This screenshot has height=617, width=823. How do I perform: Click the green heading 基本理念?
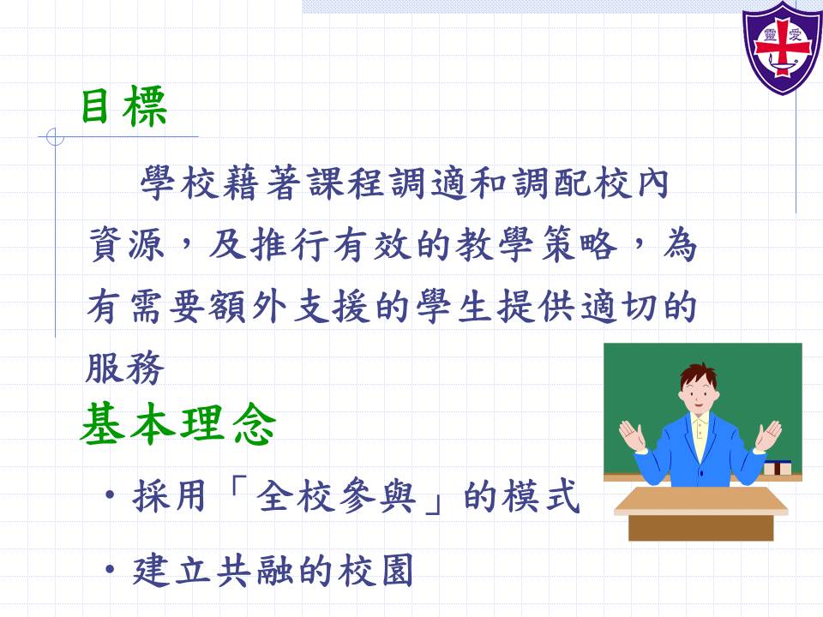click(178, 424)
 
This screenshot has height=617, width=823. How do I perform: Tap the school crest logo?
click(782, 48)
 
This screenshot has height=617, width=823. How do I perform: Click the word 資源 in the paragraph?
click(127, 244)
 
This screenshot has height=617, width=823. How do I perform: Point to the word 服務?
click(125, 368)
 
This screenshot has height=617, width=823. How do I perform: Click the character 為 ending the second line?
click(679, 244)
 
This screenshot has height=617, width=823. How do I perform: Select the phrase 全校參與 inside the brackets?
click(336, 496)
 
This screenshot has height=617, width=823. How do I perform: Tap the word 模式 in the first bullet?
click(541, 496)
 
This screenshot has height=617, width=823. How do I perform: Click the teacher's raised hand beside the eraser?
click(768, 435)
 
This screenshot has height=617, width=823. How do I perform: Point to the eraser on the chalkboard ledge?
click(778, 467)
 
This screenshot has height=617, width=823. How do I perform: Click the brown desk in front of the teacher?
click(700, 513)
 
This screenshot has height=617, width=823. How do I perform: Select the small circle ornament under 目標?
click(55, 137)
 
